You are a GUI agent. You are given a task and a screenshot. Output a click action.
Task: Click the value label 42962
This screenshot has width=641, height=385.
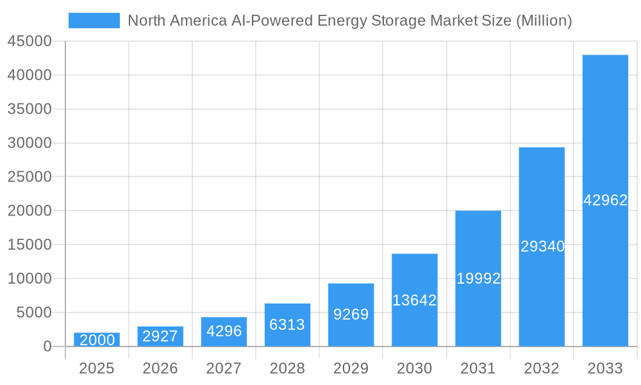tap(605, 200)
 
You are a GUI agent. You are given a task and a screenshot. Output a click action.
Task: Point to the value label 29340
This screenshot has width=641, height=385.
tap(542, 246)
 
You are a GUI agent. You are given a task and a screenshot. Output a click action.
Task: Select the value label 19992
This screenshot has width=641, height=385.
tap(478, 278)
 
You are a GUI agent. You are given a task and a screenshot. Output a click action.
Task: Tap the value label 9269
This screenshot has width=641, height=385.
tap(351, 314)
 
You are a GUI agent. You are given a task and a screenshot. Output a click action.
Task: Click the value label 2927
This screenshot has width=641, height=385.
tap(160, 336)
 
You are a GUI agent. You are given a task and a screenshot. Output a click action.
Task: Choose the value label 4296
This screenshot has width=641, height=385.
tap(224, 331)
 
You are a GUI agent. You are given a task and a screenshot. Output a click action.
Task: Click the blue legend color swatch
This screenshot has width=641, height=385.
tap(94, 21)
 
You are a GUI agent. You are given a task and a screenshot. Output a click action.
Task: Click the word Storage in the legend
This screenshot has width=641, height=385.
tap(399, 21)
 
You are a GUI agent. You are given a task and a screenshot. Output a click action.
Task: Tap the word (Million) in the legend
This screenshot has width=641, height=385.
tap(544, 21)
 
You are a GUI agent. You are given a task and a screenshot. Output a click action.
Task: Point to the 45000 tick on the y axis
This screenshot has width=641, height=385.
tap(29, 41)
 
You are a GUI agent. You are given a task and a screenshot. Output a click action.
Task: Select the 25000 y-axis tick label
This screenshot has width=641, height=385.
tap(29, 176)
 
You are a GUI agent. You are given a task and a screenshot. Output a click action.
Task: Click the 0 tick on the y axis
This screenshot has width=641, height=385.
tap(47, 346)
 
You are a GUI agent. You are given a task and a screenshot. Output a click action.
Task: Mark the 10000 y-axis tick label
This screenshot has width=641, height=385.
tap(29, 278)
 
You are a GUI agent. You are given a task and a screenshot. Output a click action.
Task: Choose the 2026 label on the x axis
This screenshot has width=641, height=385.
tap(160, 368)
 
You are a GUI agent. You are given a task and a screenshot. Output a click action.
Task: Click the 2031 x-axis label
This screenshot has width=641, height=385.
tap(478, 368)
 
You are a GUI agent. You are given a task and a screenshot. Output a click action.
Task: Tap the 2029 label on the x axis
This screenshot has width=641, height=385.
tap(351, 368)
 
